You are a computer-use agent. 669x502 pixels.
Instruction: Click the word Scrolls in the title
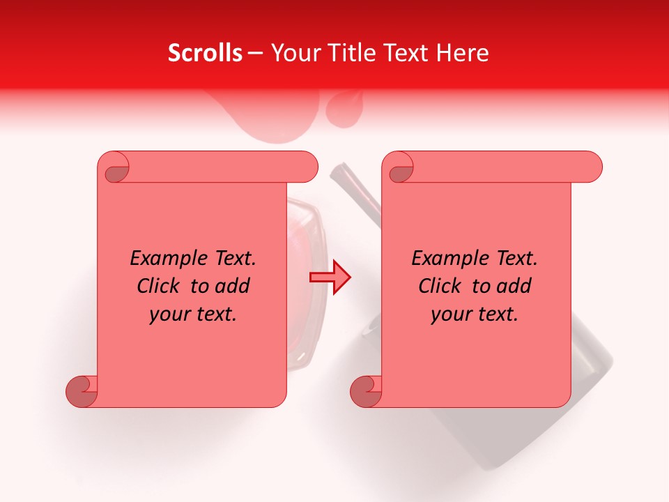pyautogui.click(x=205, y=53)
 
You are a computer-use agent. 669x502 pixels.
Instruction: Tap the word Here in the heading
pyautogui.click(x=463, y=53)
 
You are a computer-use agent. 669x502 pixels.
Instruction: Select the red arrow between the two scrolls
pyautogui.click(x=330, y=277)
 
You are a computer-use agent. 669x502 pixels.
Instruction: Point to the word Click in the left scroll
pyautogui.click(x=160, y=286)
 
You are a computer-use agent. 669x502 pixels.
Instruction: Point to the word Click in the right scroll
pyautogui.click(x=441, y=286)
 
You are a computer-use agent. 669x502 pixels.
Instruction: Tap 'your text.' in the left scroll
pyautogui.click(x=193, y=314)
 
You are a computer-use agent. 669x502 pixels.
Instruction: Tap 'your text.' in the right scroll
pyautogui.click(x=475, y=314)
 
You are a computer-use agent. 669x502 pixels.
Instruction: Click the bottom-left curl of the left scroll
pyautogui.click(x=82, y=391)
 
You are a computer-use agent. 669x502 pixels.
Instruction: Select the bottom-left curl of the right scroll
pyautogui.click(x=366, y=391)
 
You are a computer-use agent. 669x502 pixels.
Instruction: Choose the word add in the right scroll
pyautogui.click(x=515, y=286)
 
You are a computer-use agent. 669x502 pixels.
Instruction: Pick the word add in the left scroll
pyautogui.click(x=233, y=286)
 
